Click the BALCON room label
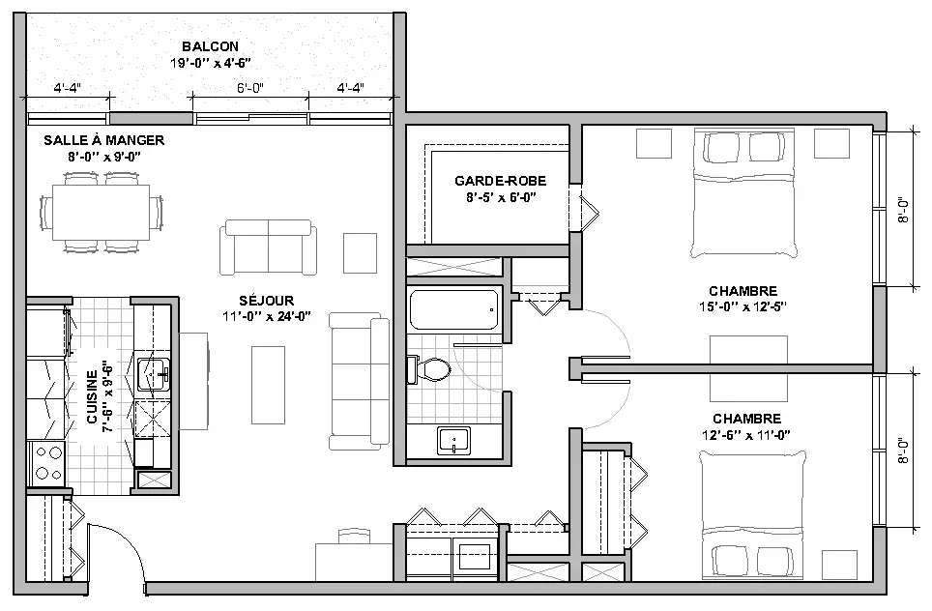[x=211, y=46]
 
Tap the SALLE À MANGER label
[x=104, y=140]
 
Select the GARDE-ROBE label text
[x=501, y=181]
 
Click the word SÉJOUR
[x=267, y=301]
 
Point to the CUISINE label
[x=92, y=397]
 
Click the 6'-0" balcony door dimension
[x=250, y=88]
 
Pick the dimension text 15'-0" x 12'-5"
[x=743, y=306]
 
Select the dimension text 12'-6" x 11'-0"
[x=746, y=435]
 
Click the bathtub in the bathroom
[x=454, y=309]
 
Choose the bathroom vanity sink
[x=453, y=441]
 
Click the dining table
[x=102, y=212]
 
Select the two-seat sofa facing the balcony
[x=268, y=247]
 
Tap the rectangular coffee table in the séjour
[x=268, y=385]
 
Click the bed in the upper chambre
[x=743, y=194]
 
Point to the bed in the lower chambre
[x=753, y=515]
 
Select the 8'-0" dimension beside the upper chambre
[x=904, y=210]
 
